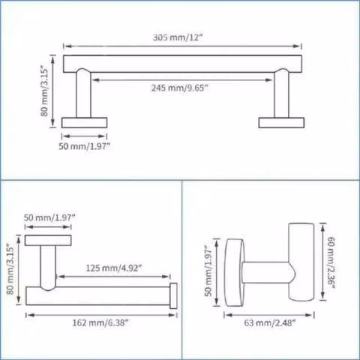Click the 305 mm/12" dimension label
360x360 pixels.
(x=177, y=37)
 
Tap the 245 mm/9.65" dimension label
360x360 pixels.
(x=180, y=88)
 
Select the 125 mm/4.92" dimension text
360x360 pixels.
(x=114, y=268)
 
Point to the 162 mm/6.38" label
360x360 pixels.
(x=100, y=322)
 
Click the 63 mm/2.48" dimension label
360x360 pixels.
(x=270, y=322)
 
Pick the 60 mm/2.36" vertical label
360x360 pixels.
(x=331, y=262)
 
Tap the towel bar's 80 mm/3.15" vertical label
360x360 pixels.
(x=44, y=91)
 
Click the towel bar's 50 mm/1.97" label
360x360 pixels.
(x=85, y=146)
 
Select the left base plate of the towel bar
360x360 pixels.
(x=85, y=123)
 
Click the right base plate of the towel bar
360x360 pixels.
(x=281, y=123)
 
